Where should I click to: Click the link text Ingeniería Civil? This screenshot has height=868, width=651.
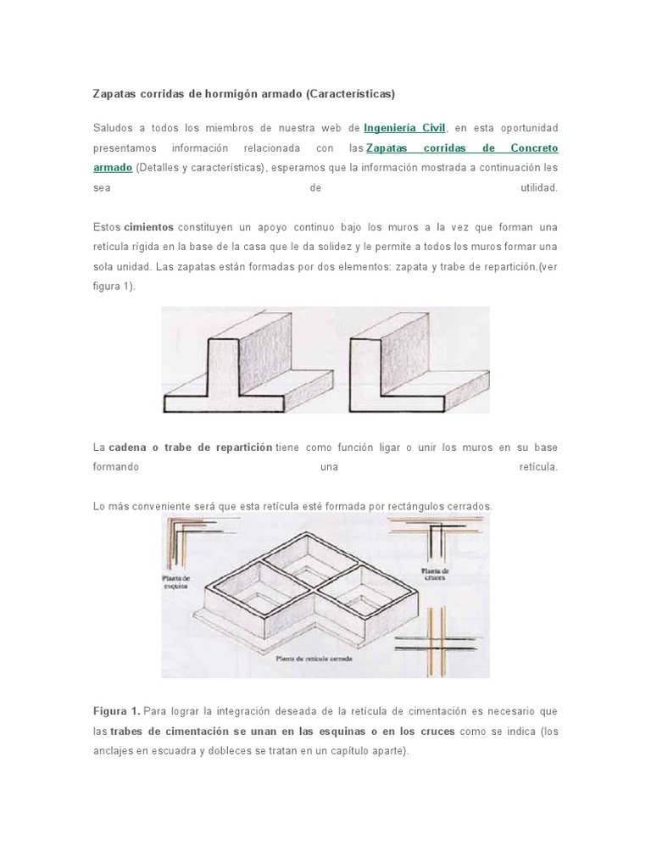[x=405, y=128]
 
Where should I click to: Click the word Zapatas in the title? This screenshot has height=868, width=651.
[x=115, y=92]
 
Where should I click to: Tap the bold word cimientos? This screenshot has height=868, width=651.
[x=148, y=228]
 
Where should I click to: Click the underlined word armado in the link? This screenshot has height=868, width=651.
[x=112, y=169]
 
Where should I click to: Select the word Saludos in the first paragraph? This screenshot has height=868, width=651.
[x=113, y=128]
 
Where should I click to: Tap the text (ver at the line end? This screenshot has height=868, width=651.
[x=546, y=267]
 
